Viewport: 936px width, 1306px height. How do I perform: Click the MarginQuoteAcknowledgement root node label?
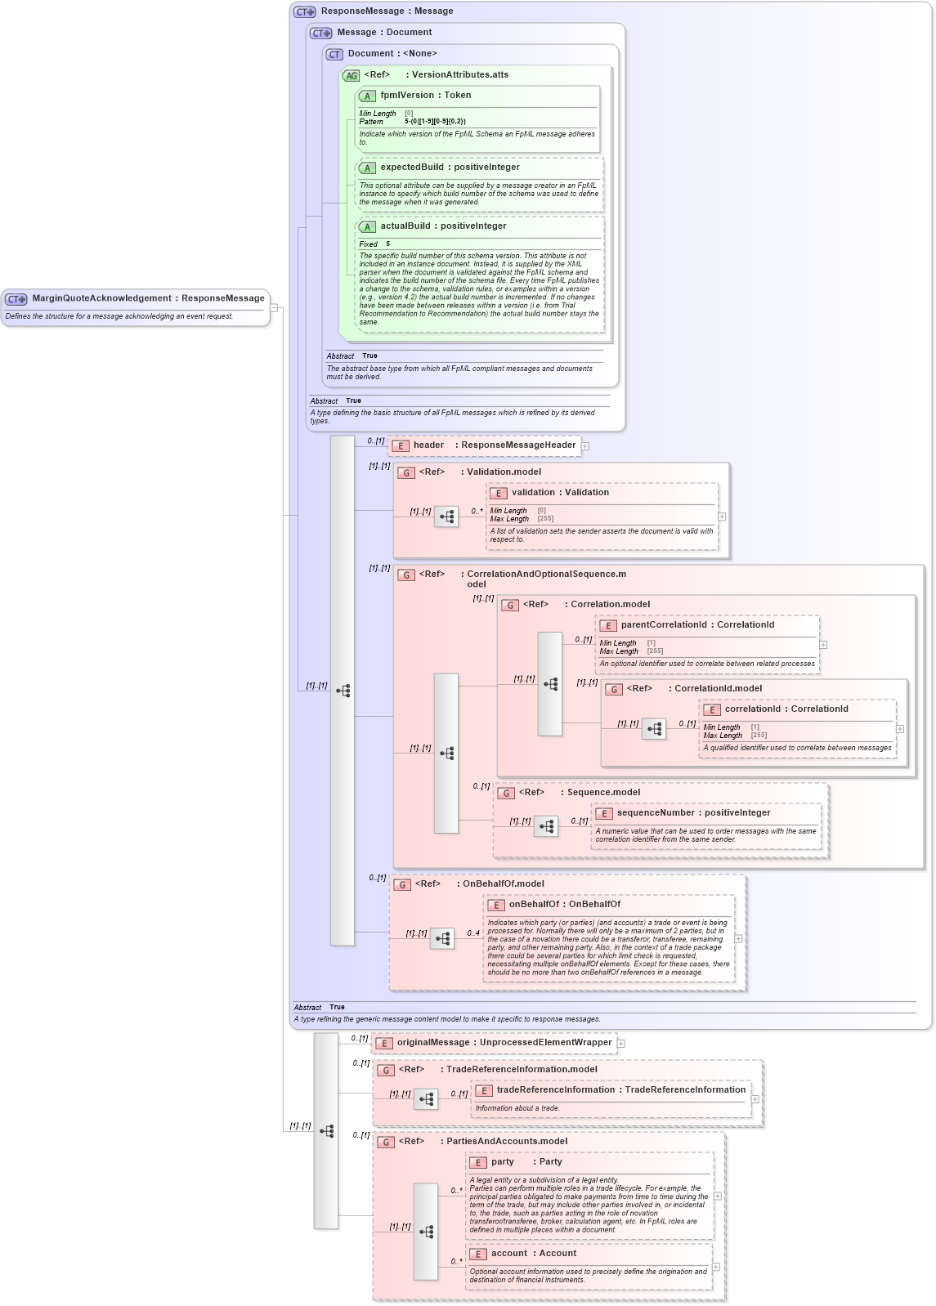click(148, 298)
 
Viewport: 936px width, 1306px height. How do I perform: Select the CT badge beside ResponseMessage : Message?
click(305, 11)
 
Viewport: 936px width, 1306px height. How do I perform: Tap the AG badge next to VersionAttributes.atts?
click(351, 75)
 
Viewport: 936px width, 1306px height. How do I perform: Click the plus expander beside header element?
click(585, 446)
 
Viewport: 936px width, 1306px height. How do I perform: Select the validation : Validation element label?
click(560, 493)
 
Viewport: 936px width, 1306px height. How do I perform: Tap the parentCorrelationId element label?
click(697, 625)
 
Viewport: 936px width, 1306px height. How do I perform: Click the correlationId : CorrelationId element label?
click(786, 709)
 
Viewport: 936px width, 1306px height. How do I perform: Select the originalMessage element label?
click(504, 1043)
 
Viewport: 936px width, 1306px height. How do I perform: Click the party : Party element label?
click(526, 1162)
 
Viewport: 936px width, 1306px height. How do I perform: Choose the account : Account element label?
click(534, 1254)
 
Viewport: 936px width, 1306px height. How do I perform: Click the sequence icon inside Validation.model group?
click(446, 517)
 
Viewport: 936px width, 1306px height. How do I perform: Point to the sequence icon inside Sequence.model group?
click(546, 826)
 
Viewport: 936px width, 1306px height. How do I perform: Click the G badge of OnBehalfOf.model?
click(401, 884)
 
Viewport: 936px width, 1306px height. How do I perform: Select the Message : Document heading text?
click(384, 33)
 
